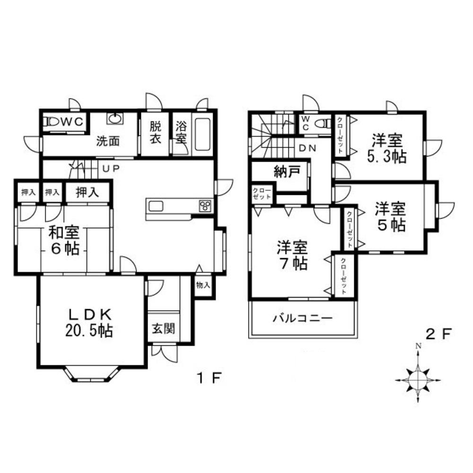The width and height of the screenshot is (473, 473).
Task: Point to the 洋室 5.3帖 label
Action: [386, 148]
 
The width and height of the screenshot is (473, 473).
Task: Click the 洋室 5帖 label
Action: [391, 217]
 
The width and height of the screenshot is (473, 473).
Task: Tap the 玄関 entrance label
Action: [163, 328]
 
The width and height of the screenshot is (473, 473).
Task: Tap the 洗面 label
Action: [108, 141]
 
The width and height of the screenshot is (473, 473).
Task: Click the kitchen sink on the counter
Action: [156, 206]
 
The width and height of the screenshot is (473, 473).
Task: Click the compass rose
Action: [419, 377]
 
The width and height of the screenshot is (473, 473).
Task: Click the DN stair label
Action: [307, 148]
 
